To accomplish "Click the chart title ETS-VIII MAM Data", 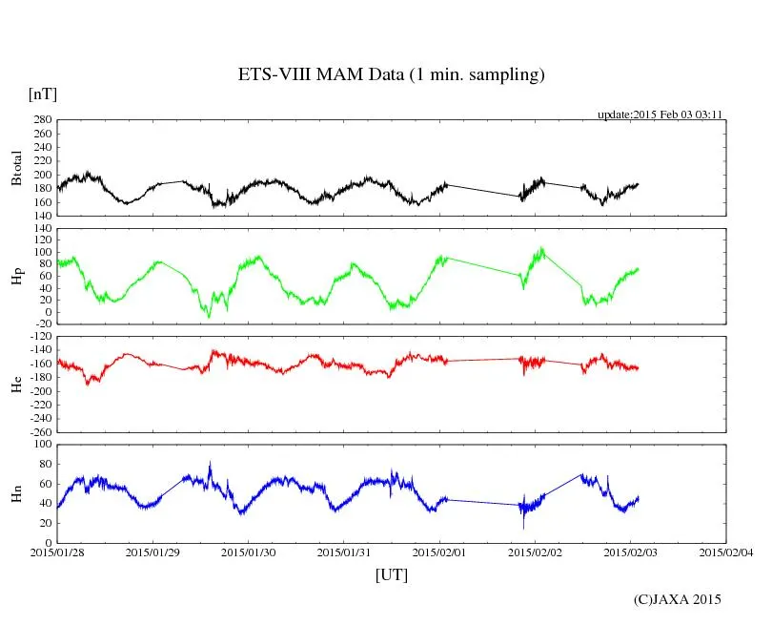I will [391, 75].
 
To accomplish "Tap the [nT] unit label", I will [42, 94].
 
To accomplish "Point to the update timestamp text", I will [660, 115].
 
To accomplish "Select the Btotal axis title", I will [16, 168].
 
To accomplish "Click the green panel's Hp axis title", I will [16, 277].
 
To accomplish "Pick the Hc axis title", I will [16, 385].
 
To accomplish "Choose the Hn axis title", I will [16, 493].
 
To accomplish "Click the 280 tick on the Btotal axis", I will [41, 120].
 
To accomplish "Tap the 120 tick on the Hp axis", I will [41, 228].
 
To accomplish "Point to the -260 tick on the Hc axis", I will [38, 432].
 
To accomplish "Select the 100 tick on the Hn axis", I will [41, 445].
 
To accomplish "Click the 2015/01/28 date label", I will [57, 552].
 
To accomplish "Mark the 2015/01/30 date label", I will [249, 552].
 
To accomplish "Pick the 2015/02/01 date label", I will [440, 552].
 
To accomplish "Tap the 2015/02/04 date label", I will [726, 552].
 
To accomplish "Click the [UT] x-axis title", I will [391, 575].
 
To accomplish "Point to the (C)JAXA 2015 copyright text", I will [677, 600].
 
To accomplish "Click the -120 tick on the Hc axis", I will [38, 337].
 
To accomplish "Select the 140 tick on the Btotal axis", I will [41, 216].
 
